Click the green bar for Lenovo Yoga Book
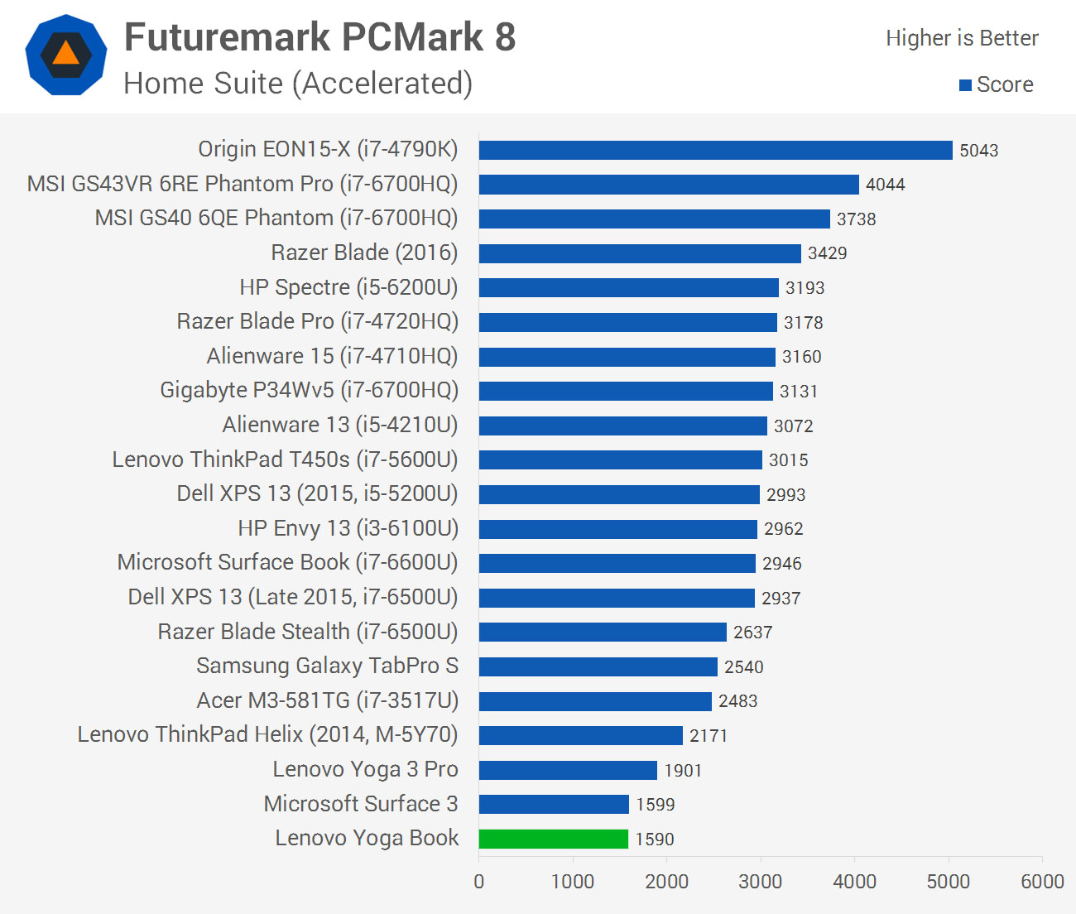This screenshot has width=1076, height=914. [x=553, y=839]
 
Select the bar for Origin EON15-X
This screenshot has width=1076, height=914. [x=715, y=150]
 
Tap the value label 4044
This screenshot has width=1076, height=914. [x=885, y=185]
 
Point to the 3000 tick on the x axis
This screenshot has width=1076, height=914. [x=760, y=882]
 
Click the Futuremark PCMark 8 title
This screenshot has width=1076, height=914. [x=319, y=37]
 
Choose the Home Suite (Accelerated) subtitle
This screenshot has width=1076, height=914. [x=298, y=84]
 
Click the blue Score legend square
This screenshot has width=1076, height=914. [x=965, y=85]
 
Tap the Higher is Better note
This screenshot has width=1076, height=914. [x=962, y=38]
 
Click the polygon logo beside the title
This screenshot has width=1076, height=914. [x=66, y=55]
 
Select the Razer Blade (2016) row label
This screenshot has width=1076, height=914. [x=364, y=253]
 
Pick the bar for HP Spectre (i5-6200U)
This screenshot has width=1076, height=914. [x=628, y=287]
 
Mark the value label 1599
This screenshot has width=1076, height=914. [x=655, y=805]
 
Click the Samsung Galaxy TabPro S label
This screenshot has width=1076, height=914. [x=327, y=666]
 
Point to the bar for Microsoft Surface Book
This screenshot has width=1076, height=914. [x=617, y=563]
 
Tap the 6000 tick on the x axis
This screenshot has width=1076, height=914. [x=1042, y=882]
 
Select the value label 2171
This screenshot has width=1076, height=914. [x=708, y=736]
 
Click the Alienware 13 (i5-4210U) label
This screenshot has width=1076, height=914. [x=339, y=425]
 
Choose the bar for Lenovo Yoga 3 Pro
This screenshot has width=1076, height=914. [x=568, y=770]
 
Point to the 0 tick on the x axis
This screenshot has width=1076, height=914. [x=479, y=882]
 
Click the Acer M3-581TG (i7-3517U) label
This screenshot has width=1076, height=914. [x=327, y=700]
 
